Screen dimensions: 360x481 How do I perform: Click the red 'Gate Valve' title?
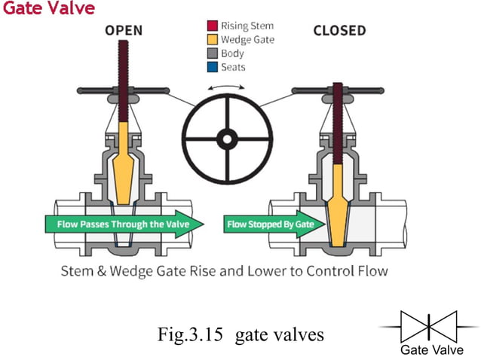[48, 9]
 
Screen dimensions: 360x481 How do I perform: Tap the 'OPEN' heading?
[124, 31]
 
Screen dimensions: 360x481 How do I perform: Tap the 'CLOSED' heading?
[339, 31]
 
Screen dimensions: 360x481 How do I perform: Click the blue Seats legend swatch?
[213, 67]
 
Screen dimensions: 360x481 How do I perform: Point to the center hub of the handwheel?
[225, 139]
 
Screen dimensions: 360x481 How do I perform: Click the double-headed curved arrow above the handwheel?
[225, 89]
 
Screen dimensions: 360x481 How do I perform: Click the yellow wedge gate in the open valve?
[124, 162]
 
